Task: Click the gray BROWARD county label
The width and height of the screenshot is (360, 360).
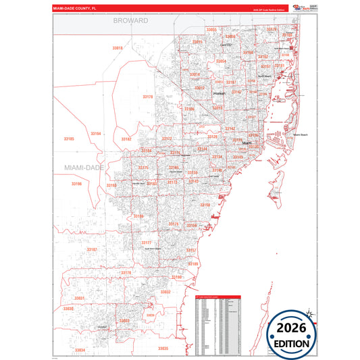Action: tap(130, 21)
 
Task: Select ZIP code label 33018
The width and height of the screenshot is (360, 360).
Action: tap(118, 48)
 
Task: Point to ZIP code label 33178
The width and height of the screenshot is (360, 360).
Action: tap(148, 97)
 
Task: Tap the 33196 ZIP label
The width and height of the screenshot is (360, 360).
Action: tap(76, 183)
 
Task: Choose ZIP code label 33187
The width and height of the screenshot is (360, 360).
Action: tap(92, 249)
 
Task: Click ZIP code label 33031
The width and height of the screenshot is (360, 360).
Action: tap(80, 297)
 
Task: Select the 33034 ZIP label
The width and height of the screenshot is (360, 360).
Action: tap(80, 350)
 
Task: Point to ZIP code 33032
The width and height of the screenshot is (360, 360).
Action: tap(165, 291)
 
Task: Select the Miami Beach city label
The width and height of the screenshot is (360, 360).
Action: tap(300, 135)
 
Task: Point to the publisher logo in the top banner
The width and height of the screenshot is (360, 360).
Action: tap(300, 7)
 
